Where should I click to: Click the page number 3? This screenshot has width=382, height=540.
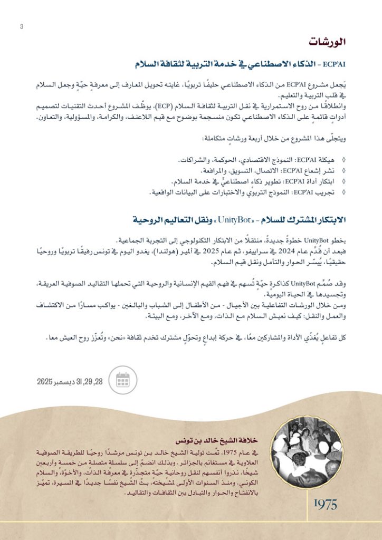click(x=22, y=27)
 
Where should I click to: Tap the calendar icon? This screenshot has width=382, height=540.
click(x=122, y=379)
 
